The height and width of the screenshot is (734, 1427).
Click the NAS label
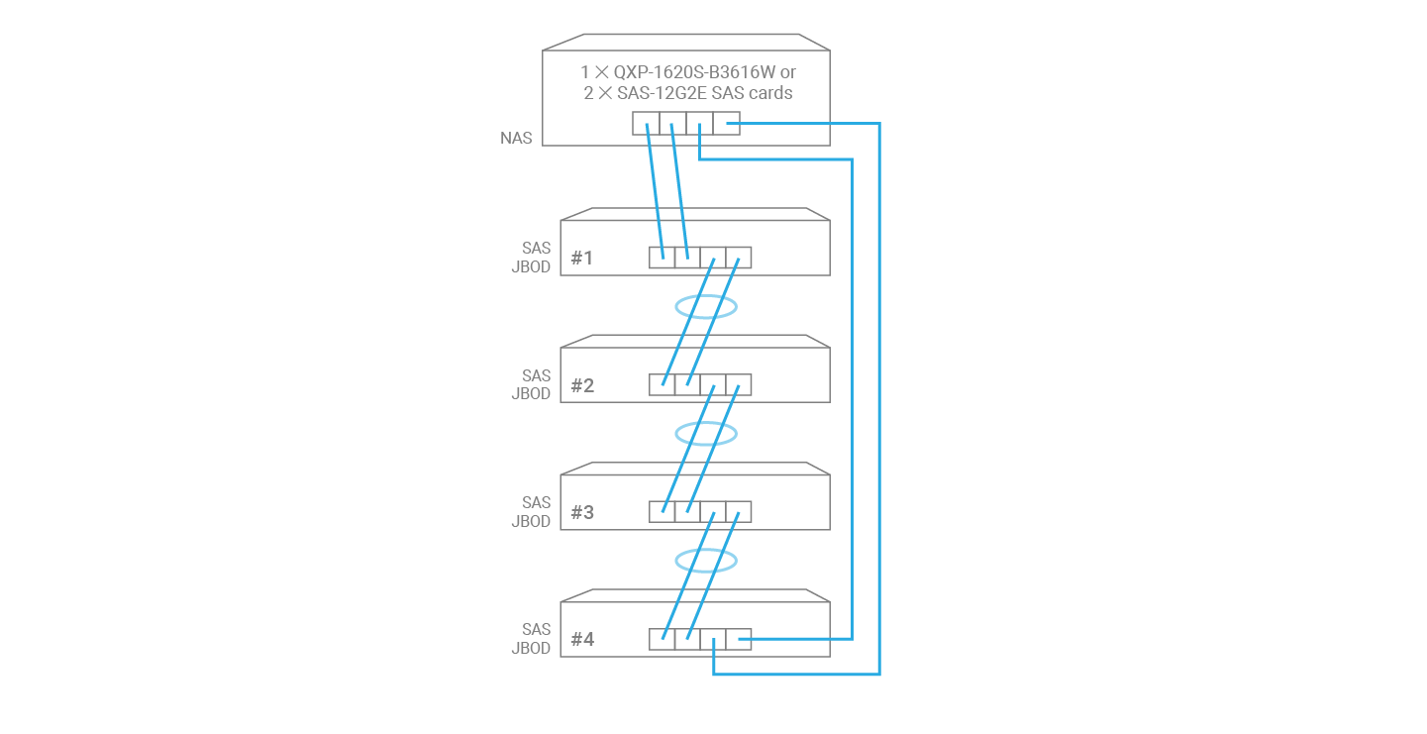(516, 139)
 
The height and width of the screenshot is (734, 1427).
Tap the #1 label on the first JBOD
(582, 259)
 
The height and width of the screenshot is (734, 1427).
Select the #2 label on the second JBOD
(582, 385)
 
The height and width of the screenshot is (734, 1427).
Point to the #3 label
(582, 512)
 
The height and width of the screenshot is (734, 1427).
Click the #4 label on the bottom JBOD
(582, 640)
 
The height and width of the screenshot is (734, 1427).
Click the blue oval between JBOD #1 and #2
(706, 307)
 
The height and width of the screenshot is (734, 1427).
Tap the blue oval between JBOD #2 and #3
(706, 434)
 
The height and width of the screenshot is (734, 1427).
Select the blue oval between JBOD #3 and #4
(706, 562)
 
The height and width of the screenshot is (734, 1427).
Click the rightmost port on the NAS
(726, 124)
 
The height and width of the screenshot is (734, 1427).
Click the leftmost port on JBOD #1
(662, 258)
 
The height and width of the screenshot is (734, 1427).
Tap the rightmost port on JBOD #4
(739, 640)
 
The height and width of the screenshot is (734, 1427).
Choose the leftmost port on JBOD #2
(662, 384)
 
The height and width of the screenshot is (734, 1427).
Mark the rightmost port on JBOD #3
(739, 512)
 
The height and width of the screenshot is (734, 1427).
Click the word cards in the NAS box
(770, 93)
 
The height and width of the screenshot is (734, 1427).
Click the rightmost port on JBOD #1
(739, 258)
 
